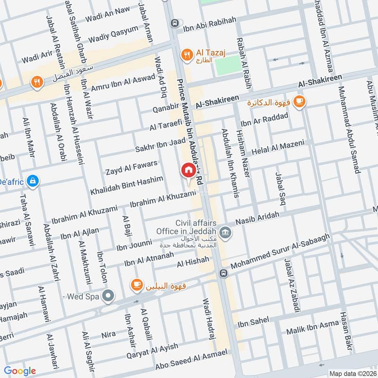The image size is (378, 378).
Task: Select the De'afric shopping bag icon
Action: pos(33,180)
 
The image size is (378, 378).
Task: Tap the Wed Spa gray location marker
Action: pos(109,296)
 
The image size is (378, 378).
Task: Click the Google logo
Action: pos(20,371)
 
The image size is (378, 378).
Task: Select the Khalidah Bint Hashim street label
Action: pos(127,185)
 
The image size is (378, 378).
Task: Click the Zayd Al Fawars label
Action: pos(131,167)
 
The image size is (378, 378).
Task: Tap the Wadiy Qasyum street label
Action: pos(113,33)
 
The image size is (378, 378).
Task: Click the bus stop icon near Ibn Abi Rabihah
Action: pos(175,22)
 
